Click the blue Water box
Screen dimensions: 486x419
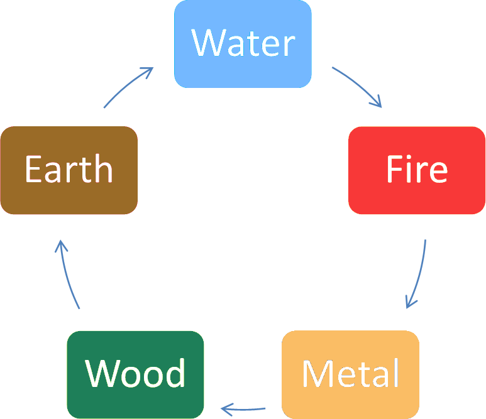pos(243,44)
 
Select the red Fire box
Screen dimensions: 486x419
pos(417,170)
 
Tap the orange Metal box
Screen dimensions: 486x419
pos(351,374)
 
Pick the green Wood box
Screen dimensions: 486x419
pos(135,375)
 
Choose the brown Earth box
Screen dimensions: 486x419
pos(69,170)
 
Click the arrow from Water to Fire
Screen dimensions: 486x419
pos(360,85)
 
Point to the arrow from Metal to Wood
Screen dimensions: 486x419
pos(243,410)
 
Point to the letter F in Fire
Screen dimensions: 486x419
pos(395,169)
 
